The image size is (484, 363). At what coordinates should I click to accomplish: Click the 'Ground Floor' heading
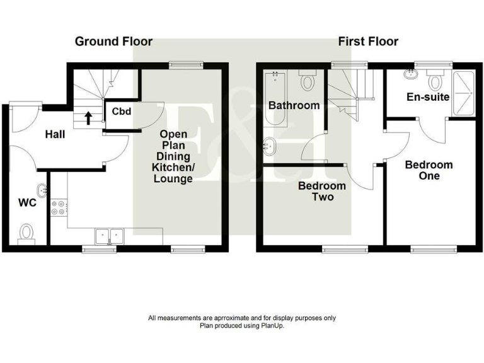pos(113,42)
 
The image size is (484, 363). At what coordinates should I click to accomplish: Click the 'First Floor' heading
pos(368,42)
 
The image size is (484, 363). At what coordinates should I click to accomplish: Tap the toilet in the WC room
pos(26,233)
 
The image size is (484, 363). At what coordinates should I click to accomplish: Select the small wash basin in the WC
pos(42,189)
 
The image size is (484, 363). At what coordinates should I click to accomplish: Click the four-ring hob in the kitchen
pos(59,208)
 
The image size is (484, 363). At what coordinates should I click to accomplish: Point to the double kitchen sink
pos(109,236)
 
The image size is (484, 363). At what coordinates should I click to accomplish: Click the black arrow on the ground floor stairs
pos(88,117)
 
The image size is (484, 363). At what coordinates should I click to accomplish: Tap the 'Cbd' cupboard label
pos(121,112)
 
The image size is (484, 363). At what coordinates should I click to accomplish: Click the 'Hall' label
pos(55,134)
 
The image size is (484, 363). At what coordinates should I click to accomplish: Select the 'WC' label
pos(27,204)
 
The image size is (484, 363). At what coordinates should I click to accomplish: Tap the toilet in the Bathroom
pos(308,82)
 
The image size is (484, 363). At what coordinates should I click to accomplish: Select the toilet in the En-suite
pos(434,81)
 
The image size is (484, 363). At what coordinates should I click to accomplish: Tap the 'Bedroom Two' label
pos(322,192)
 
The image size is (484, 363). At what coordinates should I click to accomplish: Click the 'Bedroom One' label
pos(429,170)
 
